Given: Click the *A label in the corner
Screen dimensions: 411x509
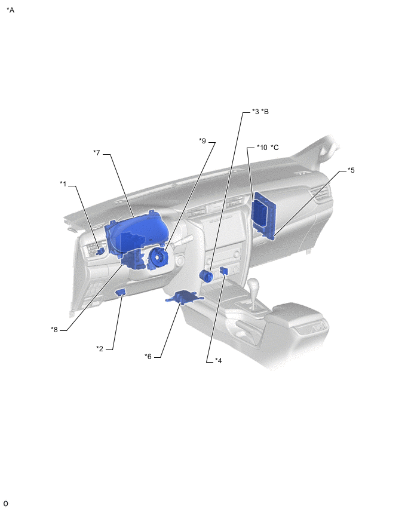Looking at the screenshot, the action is pos(10,10).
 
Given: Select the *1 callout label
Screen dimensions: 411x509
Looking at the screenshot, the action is pos(63,184).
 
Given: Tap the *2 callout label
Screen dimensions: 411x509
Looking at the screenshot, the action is pos(100,349).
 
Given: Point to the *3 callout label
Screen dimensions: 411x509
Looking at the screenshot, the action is pos(256,112).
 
